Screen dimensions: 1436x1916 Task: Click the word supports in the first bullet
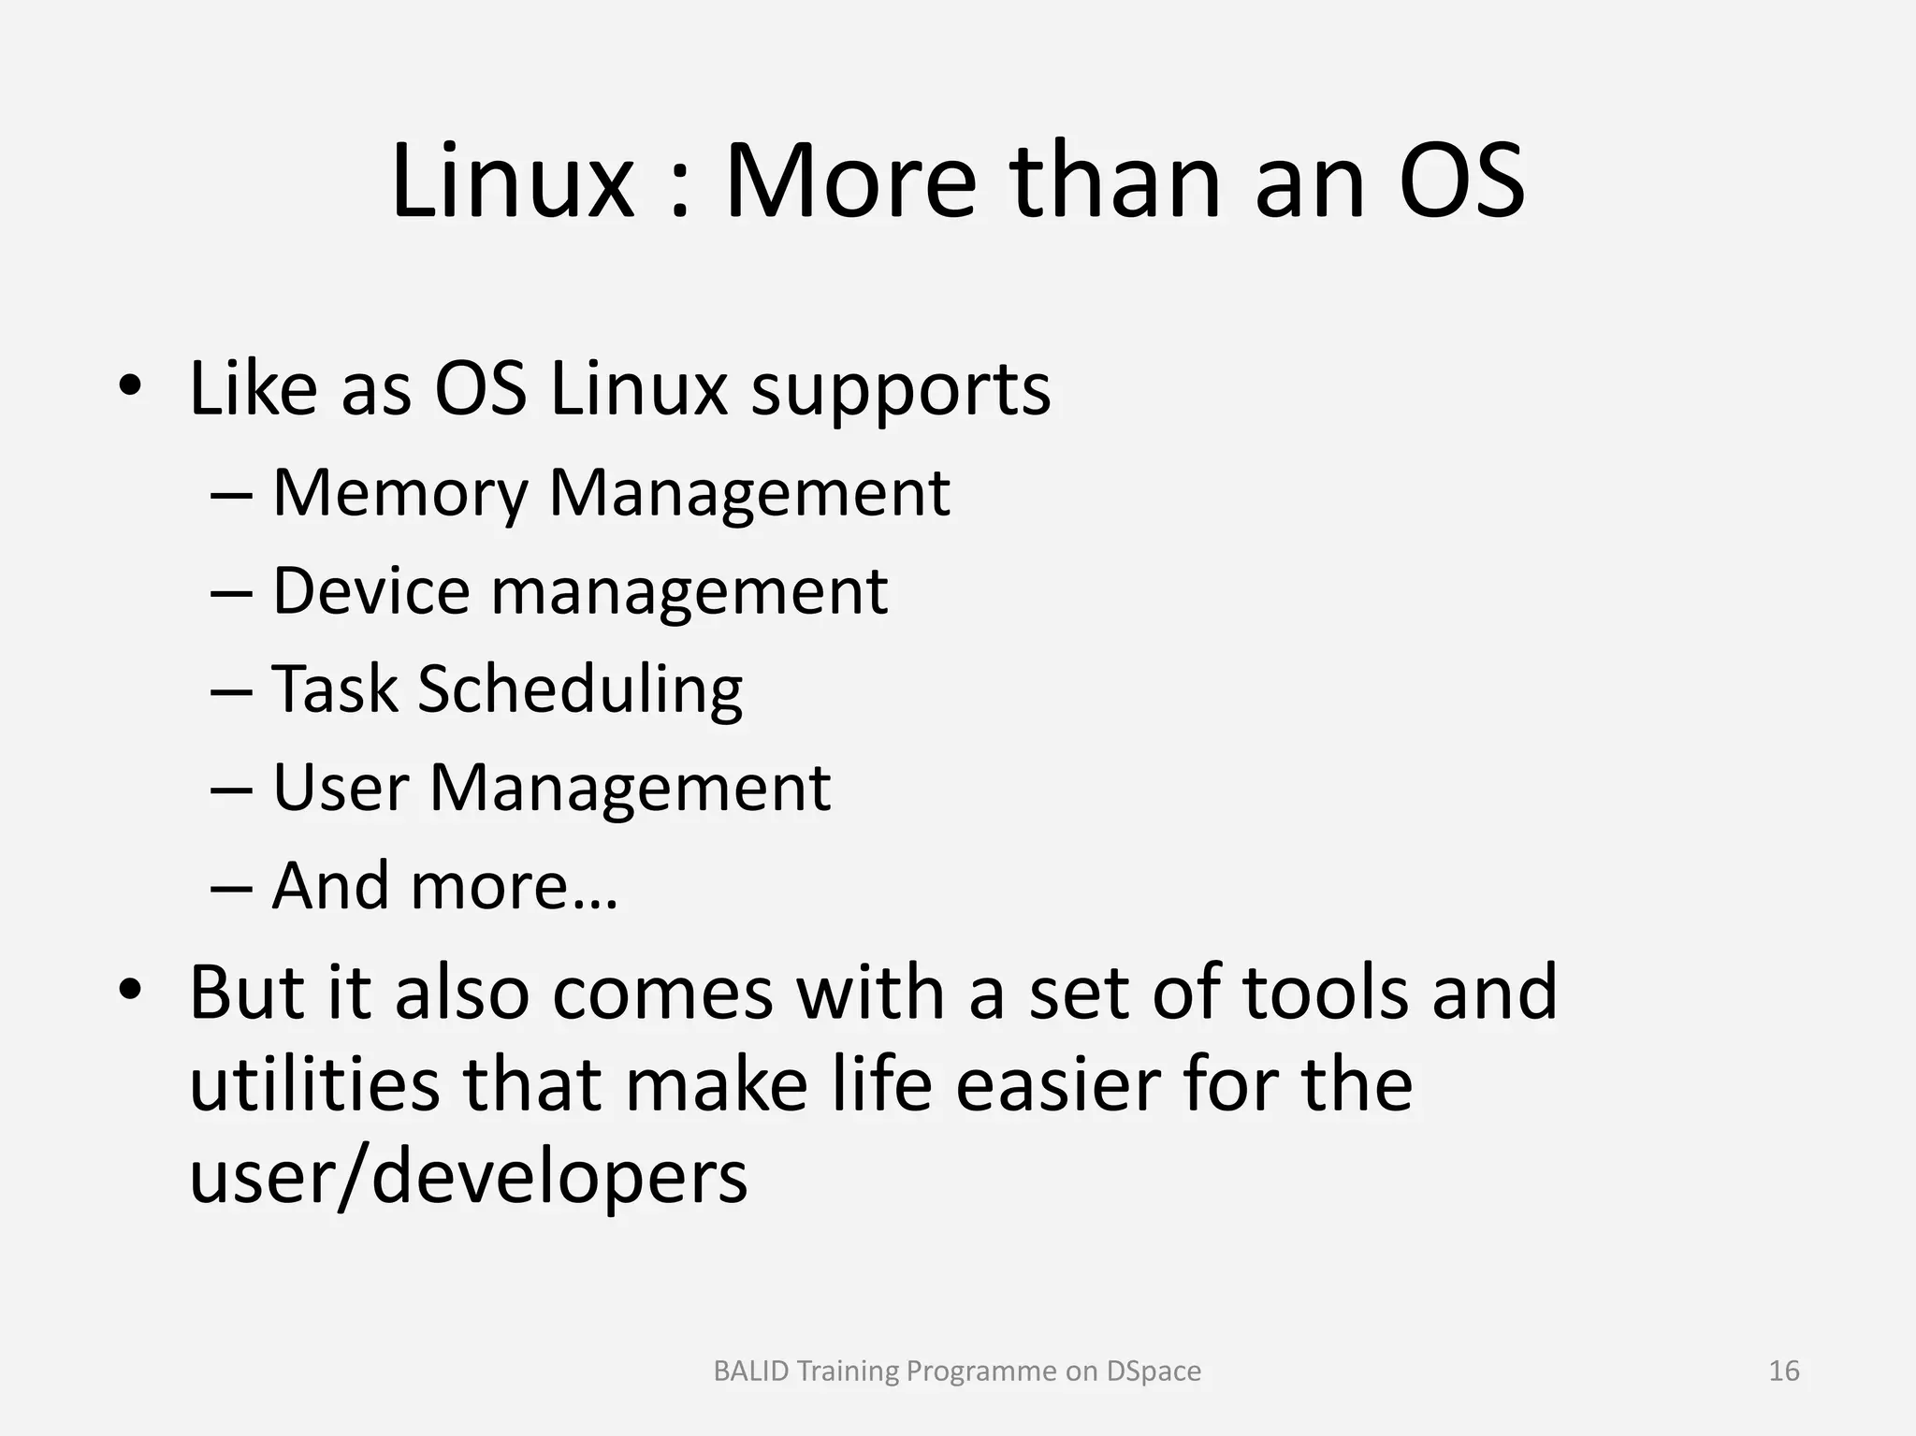[x=901, y=391]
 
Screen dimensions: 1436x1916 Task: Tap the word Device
[x=370, y=591]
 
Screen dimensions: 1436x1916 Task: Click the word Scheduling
[x=580, y=690]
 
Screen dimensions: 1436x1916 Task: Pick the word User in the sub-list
[x=341, y=788]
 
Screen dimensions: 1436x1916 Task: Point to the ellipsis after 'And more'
[x=593, y=903]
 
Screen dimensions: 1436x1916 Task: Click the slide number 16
[x=1784, y=1371]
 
